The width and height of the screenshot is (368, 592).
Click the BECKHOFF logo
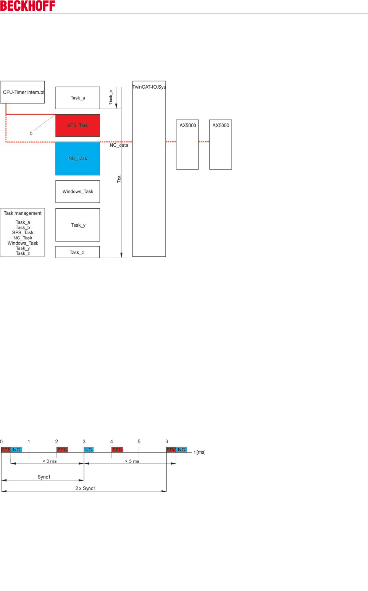click(27, 6)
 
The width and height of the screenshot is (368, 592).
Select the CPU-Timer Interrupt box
click(23, 92)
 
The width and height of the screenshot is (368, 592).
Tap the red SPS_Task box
click(77, 125)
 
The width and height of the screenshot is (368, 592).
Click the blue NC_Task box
click(77, 158)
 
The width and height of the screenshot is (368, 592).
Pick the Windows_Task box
click(77, 191)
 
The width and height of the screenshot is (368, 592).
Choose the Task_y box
click(77, 225)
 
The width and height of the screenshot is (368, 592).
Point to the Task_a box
click(77, 98)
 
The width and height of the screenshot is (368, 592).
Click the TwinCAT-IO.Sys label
click(149, 87)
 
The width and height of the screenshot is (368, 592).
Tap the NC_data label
click(119, 145)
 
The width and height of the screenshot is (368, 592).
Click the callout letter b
click(31, 134)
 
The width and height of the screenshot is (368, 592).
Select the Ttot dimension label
click(119, 179)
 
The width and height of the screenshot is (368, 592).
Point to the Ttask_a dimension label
click(111, 97)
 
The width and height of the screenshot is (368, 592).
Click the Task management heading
click(23, 213)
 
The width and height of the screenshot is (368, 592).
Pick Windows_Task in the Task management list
click(23, 243)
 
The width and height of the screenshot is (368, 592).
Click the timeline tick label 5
click(139, 441)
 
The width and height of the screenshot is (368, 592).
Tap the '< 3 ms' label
click(50, 461)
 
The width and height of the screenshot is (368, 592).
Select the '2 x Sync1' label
click(86, 488)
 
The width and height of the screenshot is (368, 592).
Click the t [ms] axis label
click(199, 452)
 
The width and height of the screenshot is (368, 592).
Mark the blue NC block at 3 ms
click(89, 450)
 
